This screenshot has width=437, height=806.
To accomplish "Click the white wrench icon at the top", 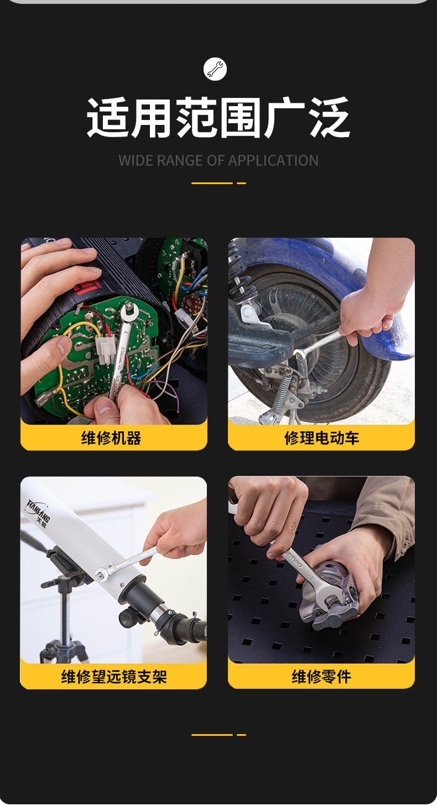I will pyautogui.click(x=215, y=69).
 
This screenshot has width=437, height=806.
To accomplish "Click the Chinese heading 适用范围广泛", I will pyautogui.click(x=218, y=118).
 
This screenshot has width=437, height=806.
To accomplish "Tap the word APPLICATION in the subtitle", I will pyautogui.click(x=273, y=161).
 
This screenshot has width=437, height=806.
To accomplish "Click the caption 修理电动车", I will pyautogui.click(x=321, y=438).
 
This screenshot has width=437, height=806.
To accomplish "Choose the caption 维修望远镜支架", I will pyautogui.click(x=113, y=677).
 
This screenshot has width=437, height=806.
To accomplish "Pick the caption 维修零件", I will pyautogui.click(x=321, y=677).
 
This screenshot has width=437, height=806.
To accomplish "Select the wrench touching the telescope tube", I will pyautogui.click(x=126, y=563).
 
